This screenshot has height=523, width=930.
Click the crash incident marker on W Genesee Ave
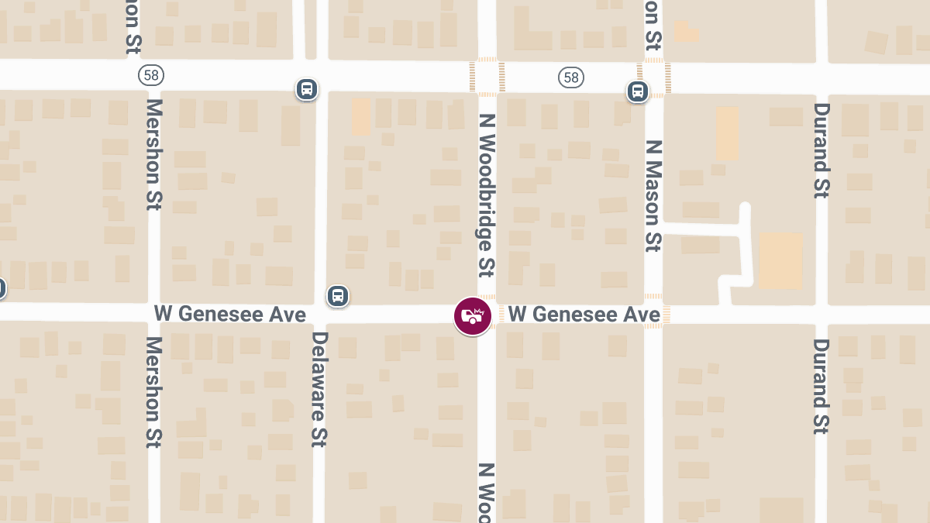[473, 316]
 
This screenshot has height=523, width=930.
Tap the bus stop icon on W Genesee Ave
[337, 295]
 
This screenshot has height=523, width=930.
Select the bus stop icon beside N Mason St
[638, 91]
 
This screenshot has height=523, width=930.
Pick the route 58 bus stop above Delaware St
[307, 89]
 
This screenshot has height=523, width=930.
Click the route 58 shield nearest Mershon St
[151, 75]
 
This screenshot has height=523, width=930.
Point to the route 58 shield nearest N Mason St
[571, 77]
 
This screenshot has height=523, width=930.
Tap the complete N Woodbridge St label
[487, 195]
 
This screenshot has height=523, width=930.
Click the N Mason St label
[653, 195]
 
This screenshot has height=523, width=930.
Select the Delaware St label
[319, 389]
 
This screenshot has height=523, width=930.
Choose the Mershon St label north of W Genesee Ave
[153, 154]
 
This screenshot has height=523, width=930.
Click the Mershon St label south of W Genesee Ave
[153, 392]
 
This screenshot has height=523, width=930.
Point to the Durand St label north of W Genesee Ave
[821, 150]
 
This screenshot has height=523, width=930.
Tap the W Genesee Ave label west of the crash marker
[230, 314]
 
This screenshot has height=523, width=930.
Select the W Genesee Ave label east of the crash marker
[584, 314]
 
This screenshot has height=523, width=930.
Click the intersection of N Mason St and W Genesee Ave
[653, 314]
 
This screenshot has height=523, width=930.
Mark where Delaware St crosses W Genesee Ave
[320, 314]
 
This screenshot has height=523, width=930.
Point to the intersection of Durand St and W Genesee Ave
[821, 314]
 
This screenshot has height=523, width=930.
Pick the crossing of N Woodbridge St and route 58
[487, 77]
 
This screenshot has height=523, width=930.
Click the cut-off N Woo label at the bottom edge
[487, 493]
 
